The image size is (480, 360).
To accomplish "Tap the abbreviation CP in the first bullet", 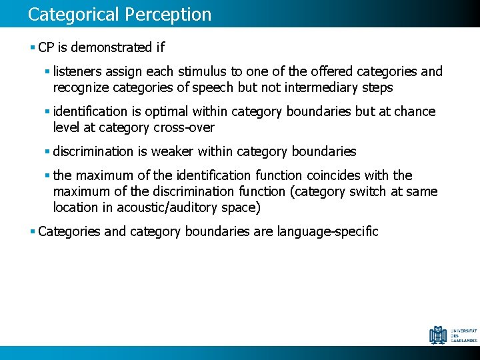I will click(46, 47).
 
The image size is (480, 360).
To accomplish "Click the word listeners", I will click(77, 71).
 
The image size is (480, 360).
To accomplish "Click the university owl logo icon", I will click(439, 334).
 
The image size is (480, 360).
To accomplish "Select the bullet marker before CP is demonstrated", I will click(33, 48).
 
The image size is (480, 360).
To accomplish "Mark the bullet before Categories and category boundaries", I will click(33, 232).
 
